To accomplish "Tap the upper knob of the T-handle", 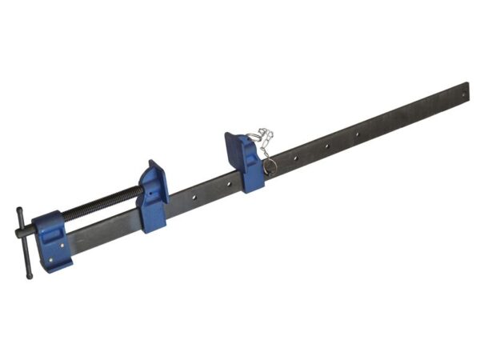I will [19, 212].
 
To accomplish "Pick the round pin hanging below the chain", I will [270, 166].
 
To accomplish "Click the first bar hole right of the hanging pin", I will [294, 158].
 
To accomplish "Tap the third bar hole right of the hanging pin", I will [358, 134].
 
